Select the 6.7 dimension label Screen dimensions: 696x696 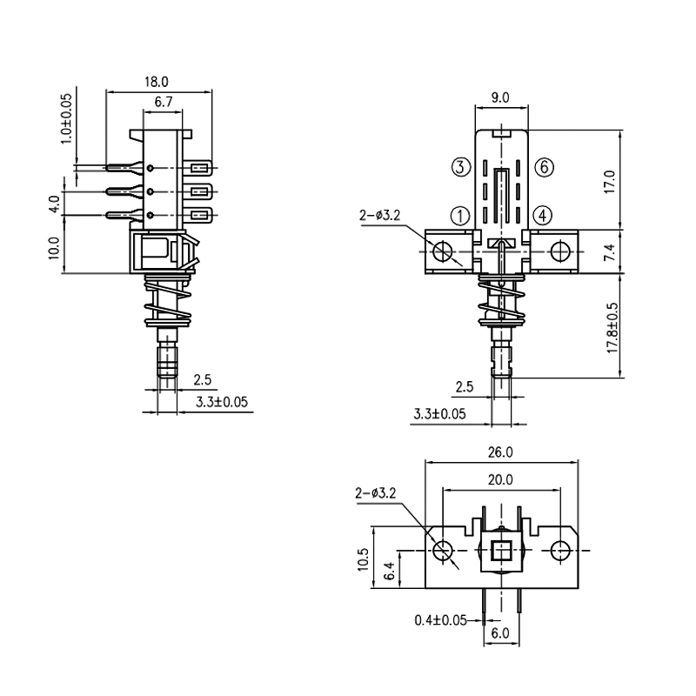pos(164,102)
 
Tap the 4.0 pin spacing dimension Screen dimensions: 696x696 pos(54,204)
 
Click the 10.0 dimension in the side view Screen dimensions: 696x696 pos(54,248)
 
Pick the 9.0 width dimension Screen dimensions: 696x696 pos(500,98)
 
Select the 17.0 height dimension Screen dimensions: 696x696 pos(610,180)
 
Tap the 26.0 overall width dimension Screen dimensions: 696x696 pos(502,452)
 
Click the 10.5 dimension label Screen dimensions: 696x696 pos(364,558)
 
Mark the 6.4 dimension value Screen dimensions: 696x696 pos(389,571)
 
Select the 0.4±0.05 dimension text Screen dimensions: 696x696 pos(441,619)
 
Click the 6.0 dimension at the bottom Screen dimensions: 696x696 pos(500,634)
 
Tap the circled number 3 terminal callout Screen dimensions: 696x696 pos(461,167)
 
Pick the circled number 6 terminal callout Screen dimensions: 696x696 pos(543,167)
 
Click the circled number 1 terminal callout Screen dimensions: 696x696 pos(461,214)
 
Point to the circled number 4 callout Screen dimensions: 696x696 pos(543,214)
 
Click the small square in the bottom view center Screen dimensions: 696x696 pos(501,550)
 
